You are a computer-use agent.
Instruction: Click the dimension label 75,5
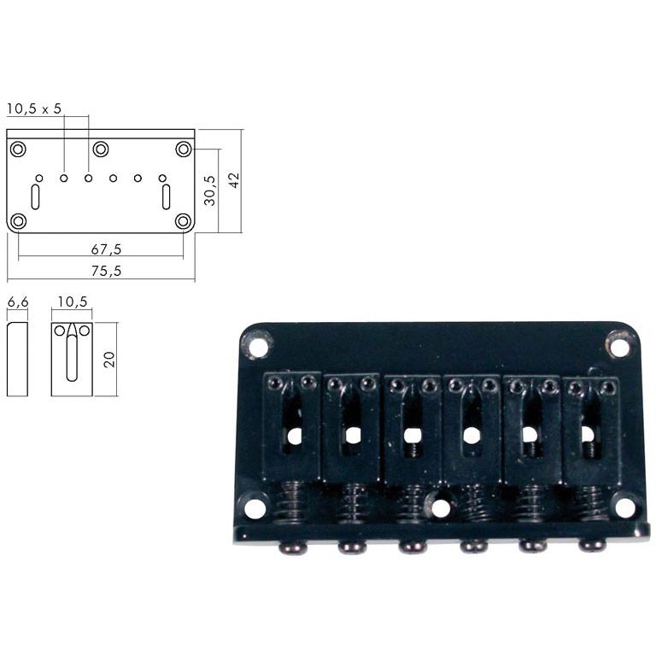pyautogui.click(x=106, y=271)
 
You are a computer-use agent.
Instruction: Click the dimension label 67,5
pyautogui.click(x=106, y=249)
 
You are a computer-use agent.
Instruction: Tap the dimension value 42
pyautogui.click(x=234, y=180)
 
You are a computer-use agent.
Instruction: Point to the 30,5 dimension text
pyautogui.click(x=210, y=190)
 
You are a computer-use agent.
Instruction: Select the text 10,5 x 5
pyautogui.click(x=34, y=109)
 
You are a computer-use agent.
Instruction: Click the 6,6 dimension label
pyautogui.click(x=18, y=302)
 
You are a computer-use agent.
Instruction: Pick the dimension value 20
pyautogui.click(x=109, y=360)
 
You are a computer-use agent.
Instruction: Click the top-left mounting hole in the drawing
pyautogui.click(x=18, y=149)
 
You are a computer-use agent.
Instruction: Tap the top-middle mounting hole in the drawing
pyautogui.click(x=101, y=149)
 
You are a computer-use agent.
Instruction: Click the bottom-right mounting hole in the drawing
pyautogui.click(x=184, y=221)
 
